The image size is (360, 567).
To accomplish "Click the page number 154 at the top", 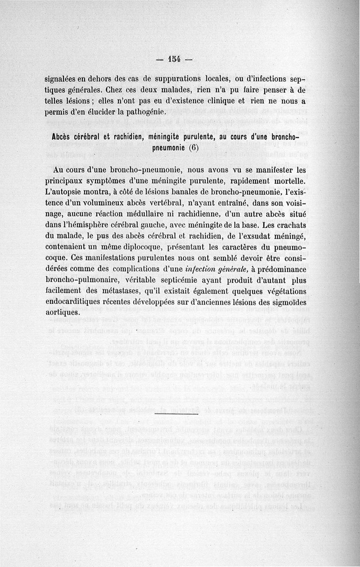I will click(173, 58).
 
